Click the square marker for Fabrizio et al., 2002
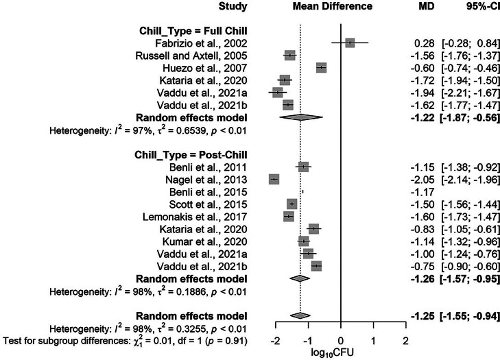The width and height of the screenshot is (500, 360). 350,43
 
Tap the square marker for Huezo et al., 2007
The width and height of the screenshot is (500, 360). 321,67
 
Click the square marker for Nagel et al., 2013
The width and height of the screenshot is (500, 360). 274,179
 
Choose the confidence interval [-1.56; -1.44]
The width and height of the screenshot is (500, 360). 469,204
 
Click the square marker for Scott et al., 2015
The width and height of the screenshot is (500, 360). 292,204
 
